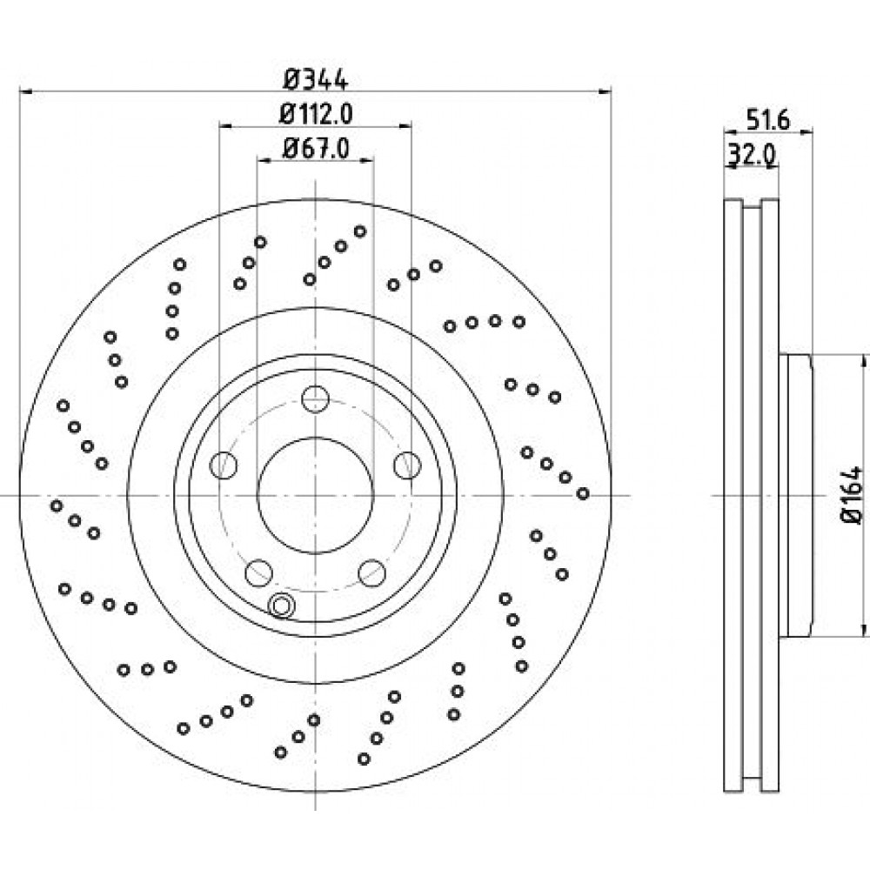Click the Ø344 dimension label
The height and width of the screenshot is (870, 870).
point(316,80)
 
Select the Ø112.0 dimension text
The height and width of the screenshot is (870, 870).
point(314,113)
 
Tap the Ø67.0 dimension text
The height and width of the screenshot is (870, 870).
point(316,148)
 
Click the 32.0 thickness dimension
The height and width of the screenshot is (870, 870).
point(751,155)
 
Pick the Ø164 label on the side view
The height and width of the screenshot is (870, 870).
point(850,496)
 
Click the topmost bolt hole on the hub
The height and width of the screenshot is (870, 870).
point(315,399)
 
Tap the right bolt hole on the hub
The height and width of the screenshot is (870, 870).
point(406,465)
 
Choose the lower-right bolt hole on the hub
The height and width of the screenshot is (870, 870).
point(372,572)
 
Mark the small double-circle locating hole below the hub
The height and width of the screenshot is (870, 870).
point(283,606)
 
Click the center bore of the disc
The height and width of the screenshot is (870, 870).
point(315,494)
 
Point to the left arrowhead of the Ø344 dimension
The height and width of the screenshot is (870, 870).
point(24,90)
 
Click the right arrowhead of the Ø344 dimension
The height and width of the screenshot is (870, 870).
point(606,90)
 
